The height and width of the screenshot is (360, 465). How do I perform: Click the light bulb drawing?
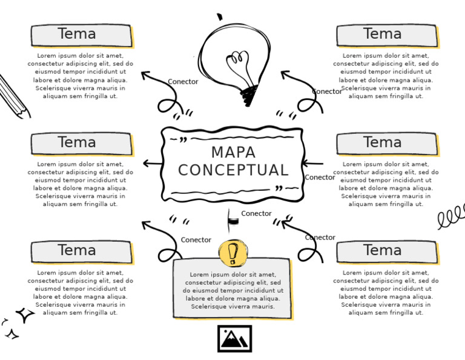pos(236,58)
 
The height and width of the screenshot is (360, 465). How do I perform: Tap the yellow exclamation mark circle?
pos(233,253)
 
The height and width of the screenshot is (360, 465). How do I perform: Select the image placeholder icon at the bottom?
pos(234,339)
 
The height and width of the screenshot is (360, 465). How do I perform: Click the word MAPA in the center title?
pos(233,152)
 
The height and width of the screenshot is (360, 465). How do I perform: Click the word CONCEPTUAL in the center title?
pos(233,170)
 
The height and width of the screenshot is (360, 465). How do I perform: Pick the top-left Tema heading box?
pos(81,35)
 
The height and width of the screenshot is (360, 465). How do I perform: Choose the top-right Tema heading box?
pos(386,35)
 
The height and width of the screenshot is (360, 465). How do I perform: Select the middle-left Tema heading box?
pos(81,144)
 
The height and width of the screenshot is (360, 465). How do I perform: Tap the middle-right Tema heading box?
pos(386,144)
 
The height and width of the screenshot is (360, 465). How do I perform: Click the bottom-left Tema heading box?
pos(81,252)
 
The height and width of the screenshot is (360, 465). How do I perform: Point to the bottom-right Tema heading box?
pos(386,252)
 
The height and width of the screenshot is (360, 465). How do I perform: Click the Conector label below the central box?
pos(256,213)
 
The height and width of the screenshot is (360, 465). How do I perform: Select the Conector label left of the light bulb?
pos(183,82)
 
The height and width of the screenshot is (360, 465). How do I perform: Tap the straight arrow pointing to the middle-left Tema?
pos(153,163)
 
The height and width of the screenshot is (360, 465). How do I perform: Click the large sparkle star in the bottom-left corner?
pos(25,315)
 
